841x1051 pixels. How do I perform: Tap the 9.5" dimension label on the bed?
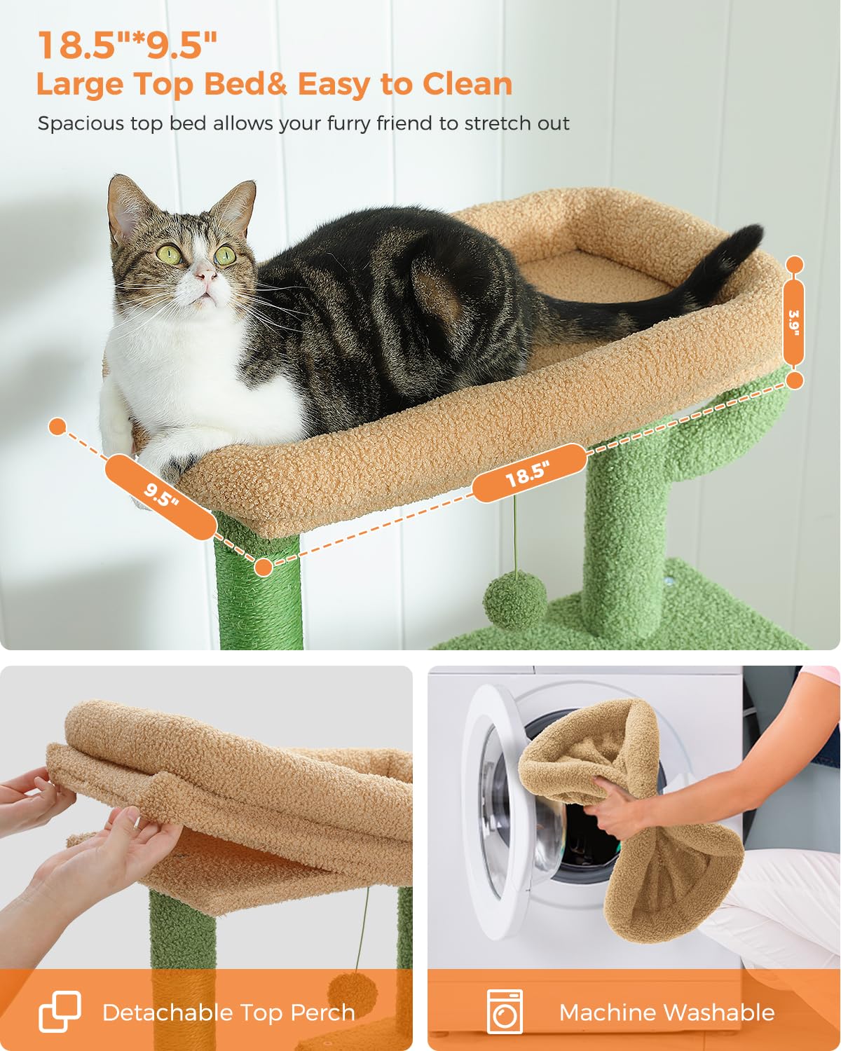click(x=161, y=497)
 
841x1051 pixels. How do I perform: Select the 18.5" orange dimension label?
click(x=528, y=473)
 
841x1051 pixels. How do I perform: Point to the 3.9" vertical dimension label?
click(x=793, y=323)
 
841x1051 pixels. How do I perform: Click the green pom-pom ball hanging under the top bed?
click(x=514, y=600)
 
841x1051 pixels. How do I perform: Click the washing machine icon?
click(x=505, y=1012)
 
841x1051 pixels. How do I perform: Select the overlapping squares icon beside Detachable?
click(x=60, y=1012)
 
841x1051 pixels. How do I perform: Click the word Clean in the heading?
click(x=467, y=84)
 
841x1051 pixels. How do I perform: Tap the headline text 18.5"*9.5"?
click(x=127, y=46)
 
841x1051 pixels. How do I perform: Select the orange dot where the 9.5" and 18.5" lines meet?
click(x=264, y=567)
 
